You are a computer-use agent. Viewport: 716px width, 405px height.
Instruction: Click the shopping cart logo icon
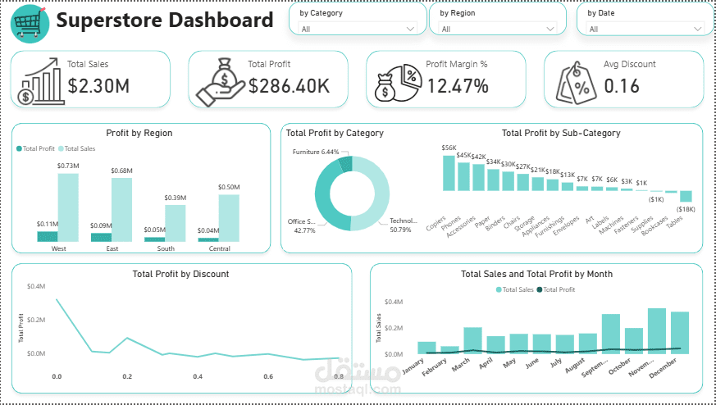pyautogui.click(x=30, y=22)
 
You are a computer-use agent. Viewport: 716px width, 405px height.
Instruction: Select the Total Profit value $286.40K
pyautogui.click(x=290, y=85)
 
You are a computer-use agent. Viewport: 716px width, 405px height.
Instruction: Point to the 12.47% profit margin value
pyautogui.click(x=458, y=85)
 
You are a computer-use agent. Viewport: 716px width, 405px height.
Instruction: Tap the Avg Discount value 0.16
pyautogui.click(x=622, y=85)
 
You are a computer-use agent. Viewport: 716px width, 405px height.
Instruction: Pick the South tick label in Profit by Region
pyautogui.click(x=166, y=248)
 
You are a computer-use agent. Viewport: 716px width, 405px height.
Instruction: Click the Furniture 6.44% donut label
pyautogui.click(x=315, y=152)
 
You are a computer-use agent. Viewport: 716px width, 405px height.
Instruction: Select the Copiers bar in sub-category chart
pyautogui.click(x=448, y=173)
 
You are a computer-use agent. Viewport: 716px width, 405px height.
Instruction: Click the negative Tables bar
pyautogui.click(x=686, y=196)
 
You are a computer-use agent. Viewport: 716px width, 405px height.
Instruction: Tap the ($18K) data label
pyautogui.click(x=686, y=210)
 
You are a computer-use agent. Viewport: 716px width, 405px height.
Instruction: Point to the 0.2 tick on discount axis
pyautogui.click(x=127, y=376)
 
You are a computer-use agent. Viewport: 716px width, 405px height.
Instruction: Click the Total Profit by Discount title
pyautogui.click(x=180, y=274)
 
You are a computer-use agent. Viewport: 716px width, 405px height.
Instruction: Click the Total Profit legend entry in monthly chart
pyautogui.click(x=558, y=289)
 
